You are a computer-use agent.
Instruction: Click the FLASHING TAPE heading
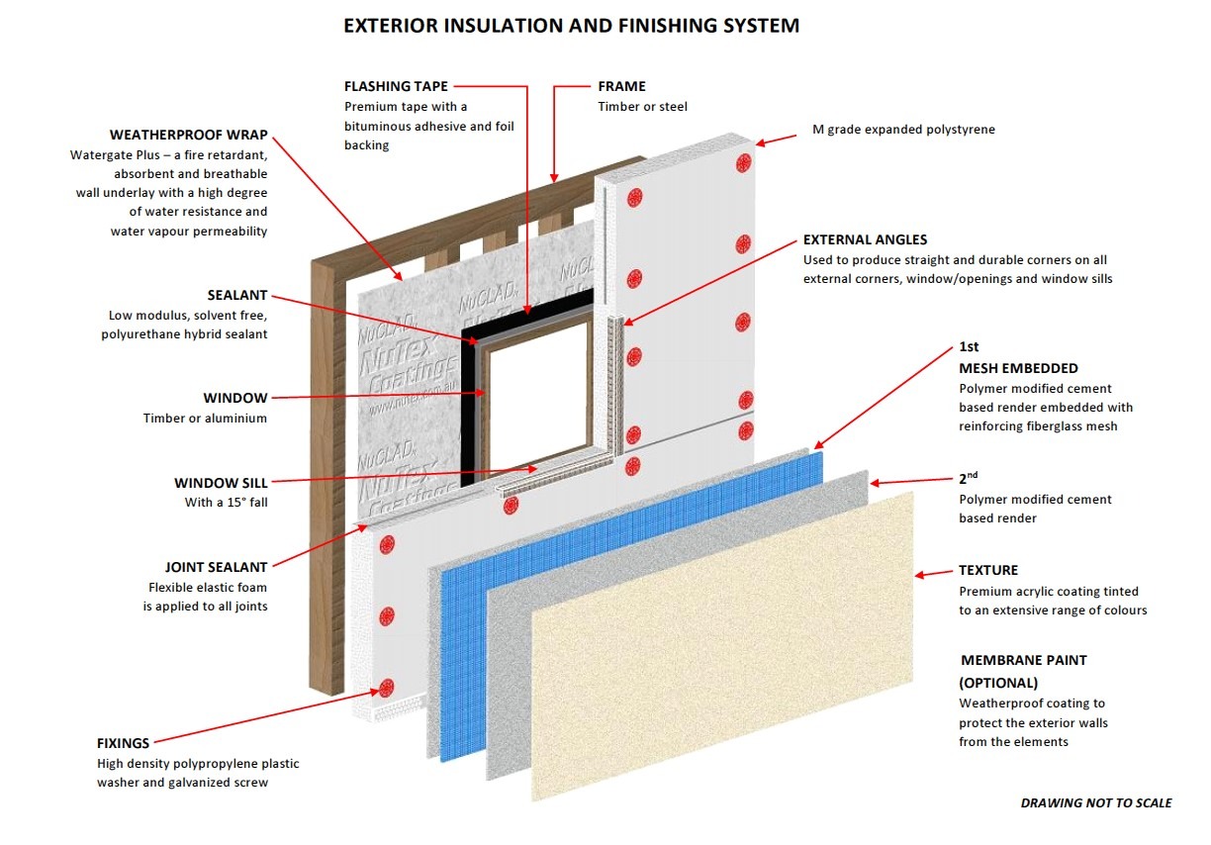[396, 86]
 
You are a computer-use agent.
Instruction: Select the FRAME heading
[621, 86]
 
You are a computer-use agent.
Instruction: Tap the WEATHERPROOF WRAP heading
[188, 135]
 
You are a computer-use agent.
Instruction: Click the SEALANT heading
[237, 295]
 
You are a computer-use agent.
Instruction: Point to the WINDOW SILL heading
[221, 483]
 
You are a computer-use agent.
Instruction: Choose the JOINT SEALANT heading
[215, 567]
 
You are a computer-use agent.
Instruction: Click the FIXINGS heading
[124, 742]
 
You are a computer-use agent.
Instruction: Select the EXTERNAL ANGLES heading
[865, 239]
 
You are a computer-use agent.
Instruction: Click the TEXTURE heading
[987, 570]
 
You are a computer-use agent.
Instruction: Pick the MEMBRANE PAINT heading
[1024, 660]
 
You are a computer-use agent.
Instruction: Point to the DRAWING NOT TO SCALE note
[1095, 802]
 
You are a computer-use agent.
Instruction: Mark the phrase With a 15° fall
[226, 502]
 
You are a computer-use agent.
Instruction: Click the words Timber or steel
[642, 106]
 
